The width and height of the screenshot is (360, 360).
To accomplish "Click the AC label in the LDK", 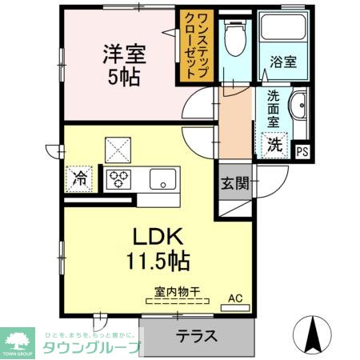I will click(x=235, y=299).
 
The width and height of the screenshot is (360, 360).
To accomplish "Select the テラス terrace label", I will click(x=196, y=335).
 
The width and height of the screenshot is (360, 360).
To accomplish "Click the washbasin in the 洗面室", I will click(x=298, y=106).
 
